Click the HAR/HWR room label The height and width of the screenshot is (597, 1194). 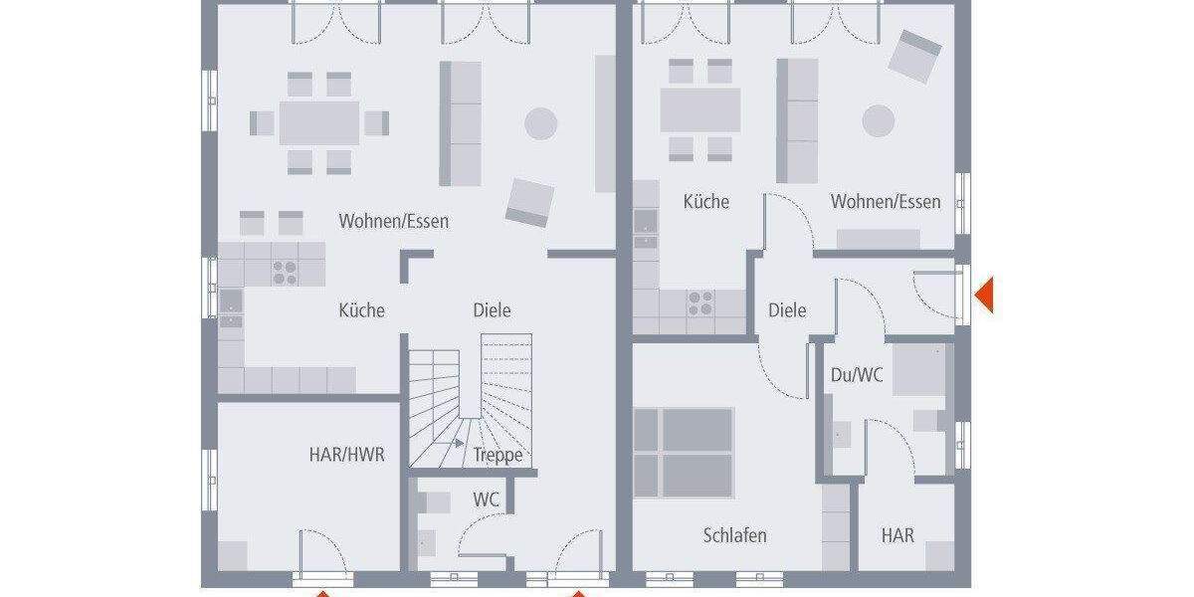[x=346, y=455]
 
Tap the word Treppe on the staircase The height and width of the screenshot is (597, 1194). [x=497, y=456]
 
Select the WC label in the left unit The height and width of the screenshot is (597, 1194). [x=486, y=499]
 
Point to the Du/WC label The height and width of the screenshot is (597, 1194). [x=856, y=375]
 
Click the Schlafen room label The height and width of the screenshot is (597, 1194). [x=734, y=535]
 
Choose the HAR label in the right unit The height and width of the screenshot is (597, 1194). [x=897, y=535]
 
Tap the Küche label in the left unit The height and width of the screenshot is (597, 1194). [x=361, y=310]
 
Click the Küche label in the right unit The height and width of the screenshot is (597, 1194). [x=705, y=202]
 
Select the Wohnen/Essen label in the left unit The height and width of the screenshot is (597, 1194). [x=393, y=221]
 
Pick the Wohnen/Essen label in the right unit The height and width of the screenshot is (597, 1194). [x=886, y=202]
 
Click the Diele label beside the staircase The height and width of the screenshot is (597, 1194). [x=492, y=310]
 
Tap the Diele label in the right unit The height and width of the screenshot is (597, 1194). [x=787, y=310]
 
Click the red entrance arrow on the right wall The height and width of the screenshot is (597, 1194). [x=983, y=296]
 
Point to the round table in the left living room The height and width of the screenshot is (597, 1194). [x=541, y=123]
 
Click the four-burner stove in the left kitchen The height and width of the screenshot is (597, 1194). [x=286, y=272]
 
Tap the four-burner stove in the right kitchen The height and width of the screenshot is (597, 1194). [x=699, y=302]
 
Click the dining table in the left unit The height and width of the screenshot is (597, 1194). [x=318, y=123]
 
